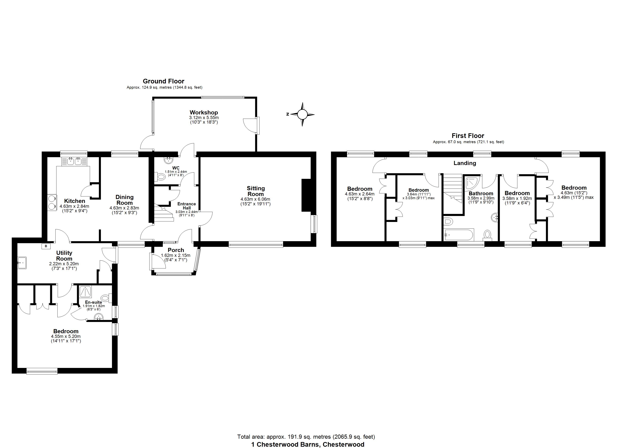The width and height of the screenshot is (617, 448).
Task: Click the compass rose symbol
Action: tap(302, 114)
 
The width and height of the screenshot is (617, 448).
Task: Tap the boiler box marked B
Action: tap(46, 246)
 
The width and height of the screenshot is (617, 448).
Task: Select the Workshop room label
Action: tap(204, 113)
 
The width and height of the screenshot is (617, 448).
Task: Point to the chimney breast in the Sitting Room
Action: tap(306, 195)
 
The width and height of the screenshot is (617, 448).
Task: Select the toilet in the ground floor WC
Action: tap(161, 177)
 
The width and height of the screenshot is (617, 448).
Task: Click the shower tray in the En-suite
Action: tap(85, 292)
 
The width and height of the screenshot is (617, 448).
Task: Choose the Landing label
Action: tap(465, 163)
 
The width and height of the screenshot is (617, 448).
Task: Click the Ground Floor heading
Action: tap(163, 81)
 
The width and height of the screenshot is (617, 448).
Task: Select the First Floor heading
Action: tap(468, 136)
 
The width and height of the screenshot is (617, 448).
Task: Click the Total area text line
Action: tap(306, 437)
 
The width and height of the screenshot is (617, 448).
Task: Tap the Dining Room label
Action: tap(124, 200)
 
